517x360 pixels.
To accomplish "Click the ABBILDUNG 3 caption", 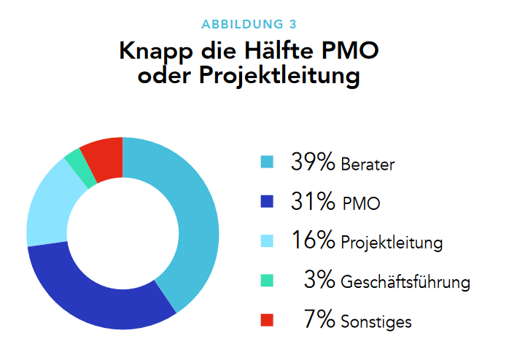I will [258, 23].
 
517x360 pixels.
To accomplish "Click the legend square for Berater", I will [267, 161].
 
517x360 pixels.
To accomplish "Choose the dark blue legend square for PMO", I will [267, 201].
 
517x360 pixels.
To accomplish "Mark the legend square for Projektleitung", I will [267, 240].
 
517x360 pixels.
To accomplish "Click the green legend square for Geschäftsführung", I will [267, 280].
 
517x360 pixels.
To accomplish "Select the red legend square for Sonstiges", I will [267, 320].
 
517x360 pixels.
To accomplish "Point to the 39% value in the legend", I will [313, 161].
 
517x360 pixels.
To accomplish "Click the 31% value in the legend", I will [313, 201].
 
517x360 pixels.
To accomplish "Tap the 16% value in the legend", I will [313, 240].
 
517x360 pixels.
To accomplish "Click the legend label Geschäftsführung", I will [405, 281].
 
